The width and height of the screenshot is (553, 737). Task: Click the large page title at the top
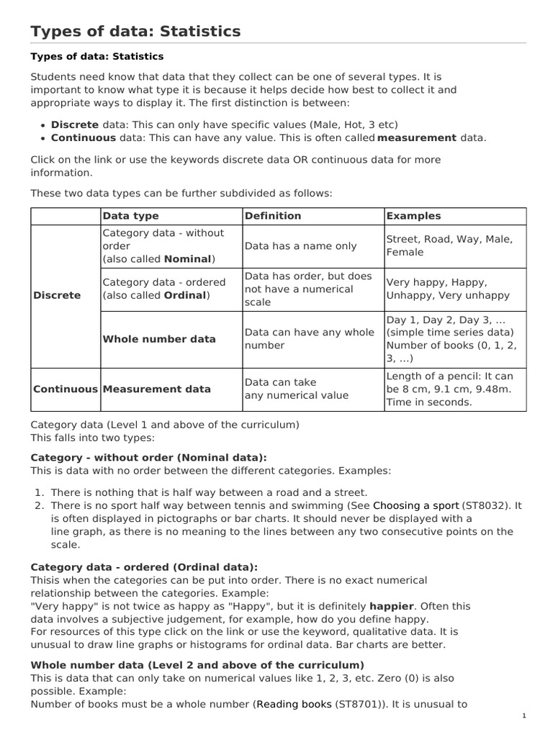[135, 31]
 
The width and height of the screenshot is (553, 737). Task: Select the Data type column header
[130, 216]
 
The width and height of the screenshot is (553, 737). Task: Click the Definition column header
[273, 216]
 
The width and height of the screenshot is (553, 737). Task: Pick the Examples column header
[413, 216]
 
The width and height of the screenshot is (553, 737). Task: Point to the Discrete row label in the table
[57, 296]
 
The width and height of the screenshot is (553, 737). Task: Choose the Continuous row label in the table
[65, 389]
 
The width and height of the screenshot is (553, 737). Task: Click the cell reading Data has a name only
[300, 246]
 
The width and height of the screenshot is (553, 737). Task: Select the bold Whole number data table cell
[159, 339]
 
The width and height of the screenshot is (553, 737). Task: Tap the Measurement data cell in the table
[157, 389]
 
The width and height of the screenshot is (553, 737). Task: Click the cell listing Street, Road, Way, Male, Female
[454, 246]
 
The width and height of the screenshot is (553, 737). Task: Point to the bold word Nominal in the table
[187, 259]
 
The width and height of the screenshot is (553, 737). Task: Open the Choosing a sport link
[415, 506]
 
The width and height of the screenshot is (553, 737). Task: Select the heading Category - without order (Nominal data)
[148, 457]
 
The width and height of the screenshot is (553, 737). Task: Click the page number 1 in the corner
[524, 717]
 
